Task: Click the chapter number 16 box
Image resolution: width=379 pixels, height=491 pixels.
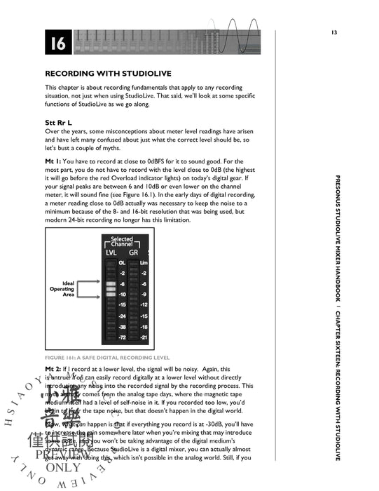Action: (x=57, y=44)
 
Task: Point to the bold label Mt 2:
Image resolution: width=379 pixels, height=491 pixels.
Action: (x=54, y=368)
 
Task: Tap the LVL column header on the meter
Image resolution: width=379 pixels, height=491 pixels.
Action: (x=111, y=252)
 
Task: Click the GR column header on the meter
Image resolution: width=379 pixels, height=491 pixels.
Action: (x=134, y=252)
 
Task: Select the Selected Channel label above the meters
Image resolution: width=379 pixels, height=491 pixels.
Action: (x=122, y=242)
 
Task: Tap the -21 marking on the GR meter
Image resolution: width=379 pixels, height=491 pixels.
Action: (x=144, y=338)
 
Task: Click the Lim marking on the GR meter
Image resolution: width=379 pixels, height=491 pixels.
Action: (x=144, y=263)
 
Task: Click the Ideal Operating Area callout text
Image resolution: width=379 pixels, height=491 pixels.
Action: (x=62, y=289)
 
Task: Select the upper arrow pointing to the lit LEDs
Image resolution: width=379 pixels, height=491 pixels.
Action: (x=90, y=282)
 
